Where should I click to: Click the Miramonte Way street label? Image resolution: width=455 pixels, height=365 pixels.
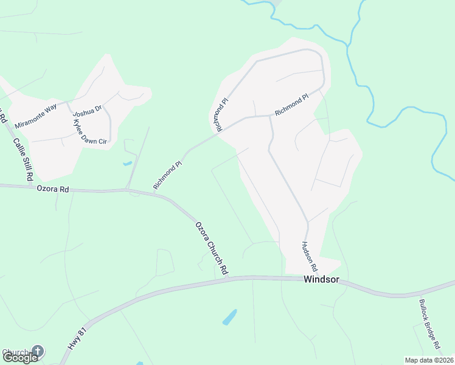coord(36,114)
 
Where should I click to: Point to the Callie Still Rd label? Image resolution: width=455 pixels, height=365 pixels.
coord(22,159)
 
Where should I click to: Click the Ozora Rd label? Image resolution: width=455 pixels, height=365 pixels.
coord(52,189)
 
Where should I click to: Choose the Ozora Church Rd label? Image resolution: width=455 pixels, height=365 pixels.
coord(211,247)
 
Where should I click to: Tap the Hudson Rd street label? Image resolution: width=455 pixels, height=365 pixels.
coord(309,256)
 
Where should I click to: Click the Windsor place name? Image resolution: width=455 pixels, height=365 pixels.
coord(321,280)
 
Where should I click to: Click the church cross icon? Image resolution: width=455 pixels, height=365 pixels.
coord(38,351)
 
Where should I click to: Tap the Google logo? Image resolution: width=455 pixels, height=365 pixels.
coord(20,357)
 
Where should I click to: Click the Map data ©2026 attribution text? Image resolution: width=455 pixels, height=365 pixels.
coord(429,360)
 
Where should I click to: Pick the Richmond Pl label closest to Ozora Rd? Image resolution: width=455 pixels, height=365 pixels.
coord(168,175)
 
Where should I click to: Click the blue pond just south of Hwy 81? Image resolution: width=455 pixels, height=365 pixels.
coord(229,317)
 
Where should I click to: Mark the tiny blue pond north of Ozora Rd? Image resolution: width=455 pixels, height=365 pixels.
coord(127,163)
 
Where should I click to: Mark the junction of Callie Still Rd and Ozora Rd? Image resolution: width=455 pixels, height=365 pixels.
coord(30,187)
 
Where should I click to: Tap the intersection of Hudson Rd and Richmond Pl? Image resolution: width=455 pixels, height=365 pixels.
coord(270,116)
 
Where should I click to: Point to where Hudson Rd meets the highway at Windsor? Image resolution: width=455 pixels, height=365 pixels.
coord(307,279)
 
